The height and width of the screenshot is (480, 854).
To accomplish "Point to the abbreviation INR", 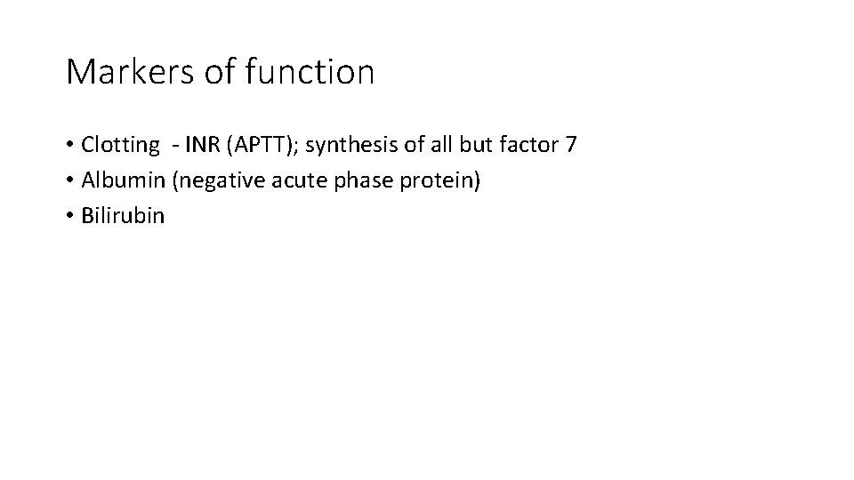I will pyautogui.click(x=204, y=144).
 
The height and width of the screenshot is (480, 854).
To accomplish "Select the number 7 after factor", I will pyautogui.click(x=571, y=144).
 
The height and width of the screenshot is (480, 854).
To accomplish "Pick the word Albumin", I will pyautogui.click(x=123, y=180).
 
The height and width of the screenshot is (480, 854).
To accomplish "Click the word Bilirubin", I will pyautogui.click(x=123, y=216).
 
